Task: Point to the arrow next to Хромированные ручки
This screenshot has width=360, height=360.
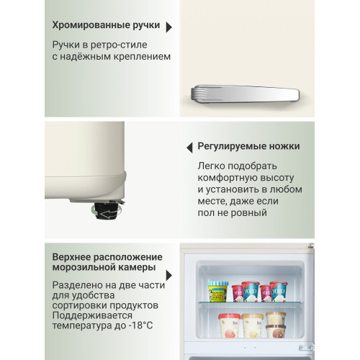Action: click(169, 27)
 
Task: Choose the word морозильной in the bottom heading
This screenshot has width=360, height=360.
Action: click(84, 269)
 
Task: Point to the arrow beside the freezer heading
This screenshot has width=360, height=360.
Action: click(169, 275)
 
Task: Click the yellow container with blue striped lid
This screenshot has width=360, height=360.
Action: click(217, 292)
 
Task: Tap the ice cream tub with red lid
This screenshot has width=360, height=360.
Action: click(250, 290)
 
